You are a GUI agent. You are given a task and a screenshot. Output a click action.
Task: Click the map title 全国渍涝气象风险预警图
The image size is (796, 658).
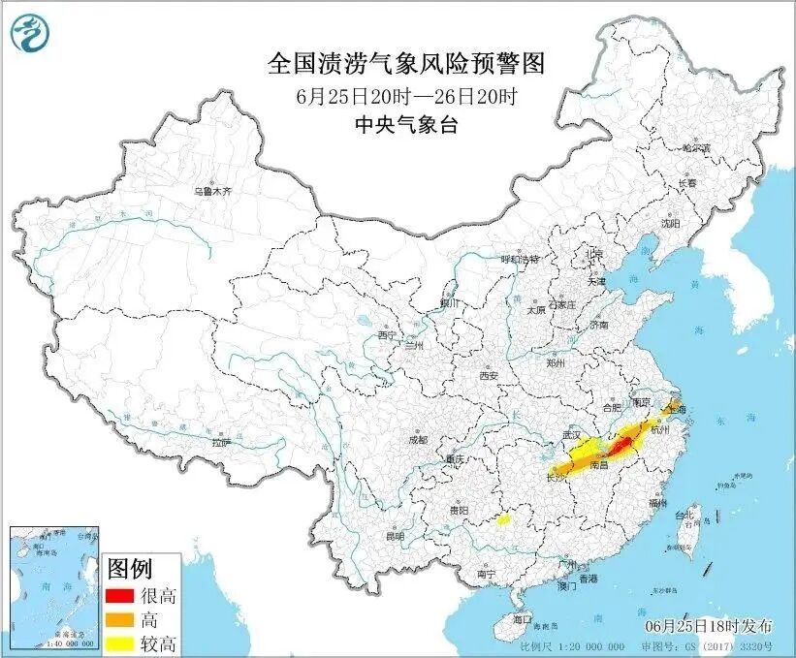click(406, 65)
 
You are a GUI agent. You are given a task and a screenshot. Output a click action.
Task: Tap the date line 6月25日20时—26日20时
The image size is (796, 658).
click(406, 97)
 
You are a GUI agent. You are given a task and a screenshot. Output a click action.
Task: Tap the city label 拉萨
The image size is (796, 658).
click(222, 442)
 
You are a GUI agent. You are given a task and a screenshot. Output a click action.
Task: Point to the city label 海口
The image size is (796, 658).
click(523, 617)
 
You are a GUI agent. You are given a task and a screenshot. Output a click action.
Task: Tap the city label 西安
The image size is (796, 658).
click(487, 375)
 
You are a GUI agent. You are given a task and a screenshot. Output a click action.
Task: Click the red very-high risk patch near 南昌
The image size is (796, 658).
click(621, 446)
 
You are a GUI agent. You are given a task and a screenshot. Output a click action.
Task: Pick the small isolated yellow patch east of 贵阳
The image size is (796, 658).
click(502, 520)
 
